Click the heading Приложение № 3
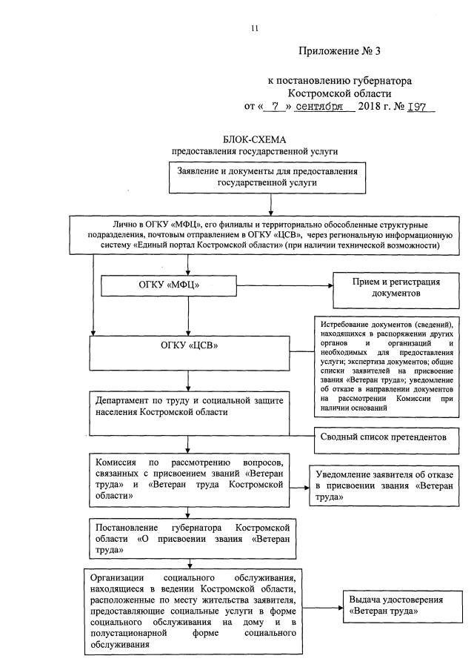(x=329, y=51)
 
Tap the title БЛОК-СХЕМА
(x=254, y=140)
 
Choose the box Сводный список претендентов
(x=383, y=437)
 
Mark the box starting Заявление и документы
(x=267, y=176)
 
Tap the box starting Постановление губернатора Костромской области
(x=189, y=537)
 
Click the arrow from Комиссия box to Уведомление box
(x=298, y=487)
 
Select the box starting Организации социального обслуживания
(x=193, y=610)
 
